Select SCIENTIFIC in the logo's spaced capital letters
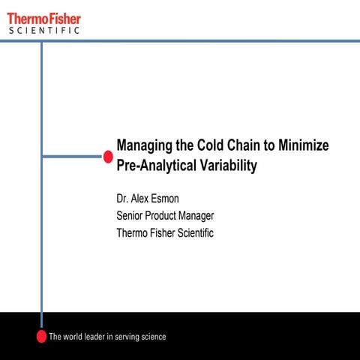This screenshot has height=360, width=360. (43, 31)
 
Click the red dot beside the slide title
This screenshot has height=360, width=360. (108, 156)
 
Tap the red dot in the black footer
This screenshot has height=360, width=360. (42, 336)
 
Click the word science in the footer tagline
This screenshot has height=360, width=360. (150, 337)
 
